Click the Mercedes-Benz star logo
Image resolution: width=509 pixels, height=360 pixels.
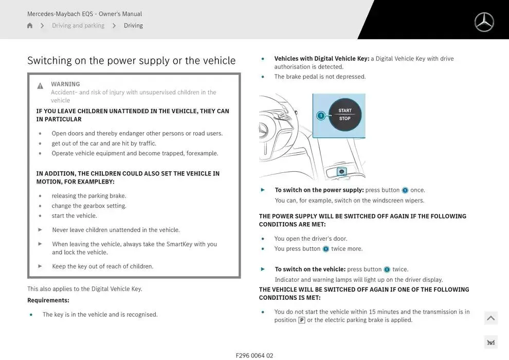[484, 22]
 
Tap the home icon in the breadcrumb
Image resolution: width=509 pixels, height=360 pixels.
[30, 26]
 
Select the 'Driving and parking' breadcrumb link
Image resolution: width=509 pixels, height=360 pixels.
[78, 26]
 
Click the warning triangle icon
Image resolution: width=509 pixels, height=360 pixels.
[40, 86]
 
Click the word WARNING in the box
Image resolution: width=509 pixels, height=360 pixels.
[65, 84]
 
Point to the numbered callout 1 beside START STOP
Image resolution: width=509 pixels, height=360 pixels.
[321, 116]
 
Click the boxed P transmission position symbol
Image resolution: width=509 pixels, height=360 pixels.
[302, 320]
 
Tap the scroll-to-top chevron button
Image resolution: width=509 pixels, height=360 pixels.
[491, 318]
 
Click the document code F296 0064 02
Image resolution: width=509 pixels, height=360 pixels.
[254, 355]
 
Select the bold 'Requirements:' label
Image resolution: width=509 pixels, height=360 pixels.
[48, 300]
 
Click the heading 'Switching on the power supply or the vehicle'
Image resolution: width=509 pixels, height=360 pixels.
[131, 61]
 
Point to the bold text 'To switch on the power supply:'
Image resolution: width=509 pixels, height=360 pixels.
[319, 190]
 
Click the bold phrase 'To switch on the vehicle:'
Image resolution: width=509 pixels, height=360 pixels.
[310, 269]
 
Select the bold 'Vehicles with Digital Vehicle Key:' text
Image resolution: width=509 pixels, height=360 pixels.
[322, 59]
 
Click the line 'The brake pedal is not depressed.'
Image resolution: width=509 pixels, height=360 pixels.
[320, 77]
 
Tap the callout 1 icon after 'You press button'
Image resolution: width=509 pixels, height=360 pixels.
[325, 249]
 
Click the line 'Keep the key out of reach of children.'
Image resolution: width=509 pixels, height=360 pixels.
[102, 266]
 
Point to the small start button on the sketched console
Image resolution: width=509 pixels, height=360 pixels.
[341, 172]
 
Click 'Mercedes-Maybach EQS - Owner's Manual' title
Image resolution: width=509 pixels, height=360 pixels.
[84, 14]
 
